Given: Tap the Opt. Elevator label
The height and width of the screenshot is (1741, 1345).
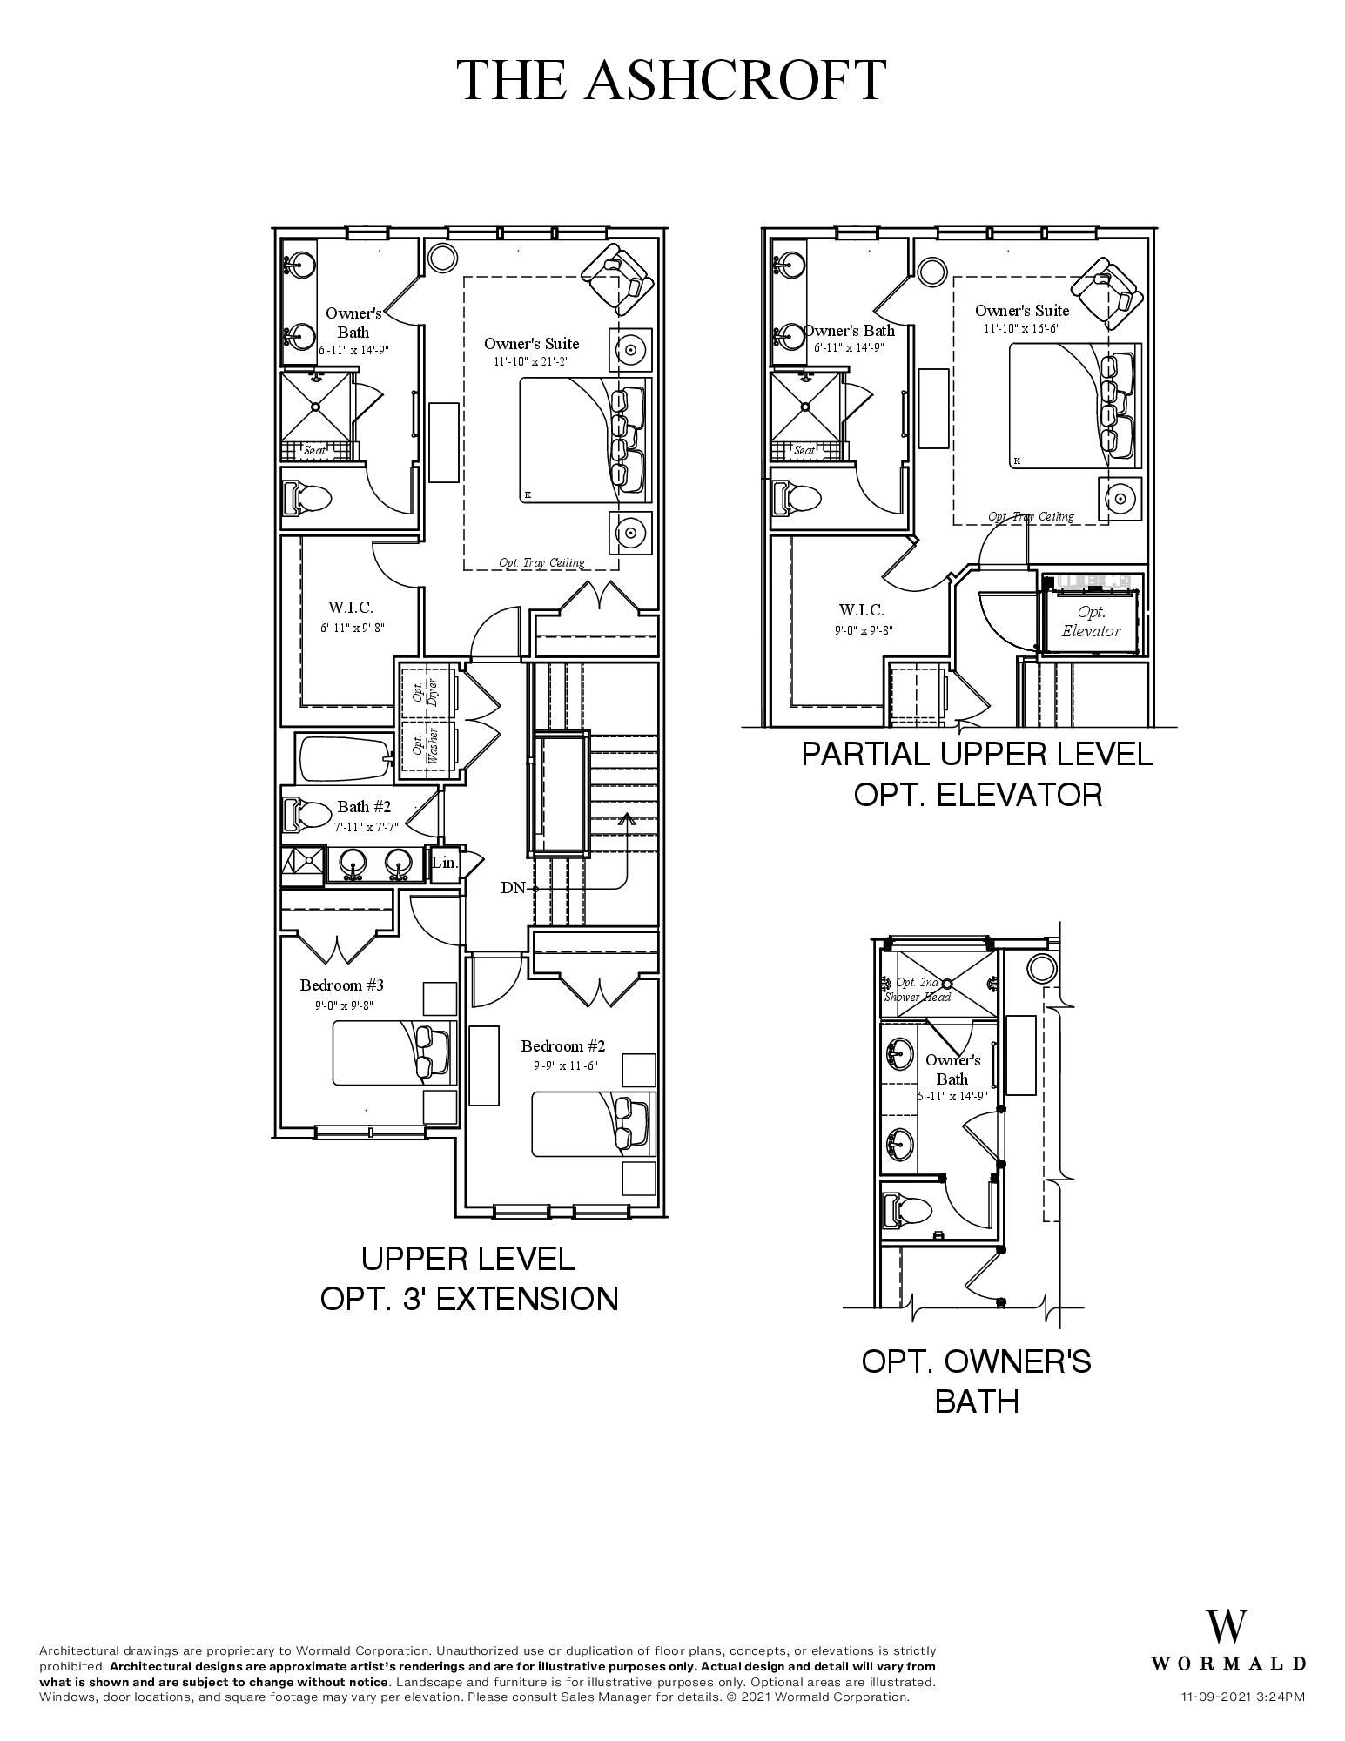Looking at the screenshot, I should [x=1091, y=622].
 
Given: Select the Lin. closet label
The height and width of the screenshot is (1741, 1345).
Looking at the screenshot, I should [x=445, y=864].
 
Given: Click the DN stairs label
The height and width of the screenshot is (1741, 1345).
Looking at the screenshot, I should [x=513, y=888].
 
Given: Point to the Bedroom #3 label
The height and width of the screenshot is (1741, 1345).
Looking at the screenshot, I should [x=342, y=985].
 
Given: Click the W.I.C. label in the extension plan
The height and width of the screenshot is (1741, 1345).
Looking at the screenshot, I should [x=350, y=608].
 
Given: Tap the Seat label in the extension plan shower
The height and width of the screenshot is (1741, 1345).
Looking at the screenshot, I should [x=313, y=451].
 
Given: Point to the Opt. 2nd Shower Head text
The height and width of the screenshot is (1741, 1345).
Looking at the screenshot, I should [x=918, y=990].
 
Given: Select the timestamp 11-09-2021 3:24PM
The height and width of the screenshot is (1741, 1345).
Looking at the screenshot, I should [x=1242, y=1697].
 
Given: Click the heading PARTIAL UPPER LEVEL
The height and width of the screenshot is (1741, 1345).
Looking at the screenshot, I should [x=977, y=754].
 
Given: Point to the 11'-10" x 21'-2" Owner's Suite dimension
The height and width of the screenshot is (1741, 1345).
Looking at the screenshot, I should [x=531, y=361].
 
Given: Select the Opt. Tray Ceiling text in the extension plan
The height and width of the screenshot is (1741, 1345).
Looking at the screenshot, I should [x=541, y=562].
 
